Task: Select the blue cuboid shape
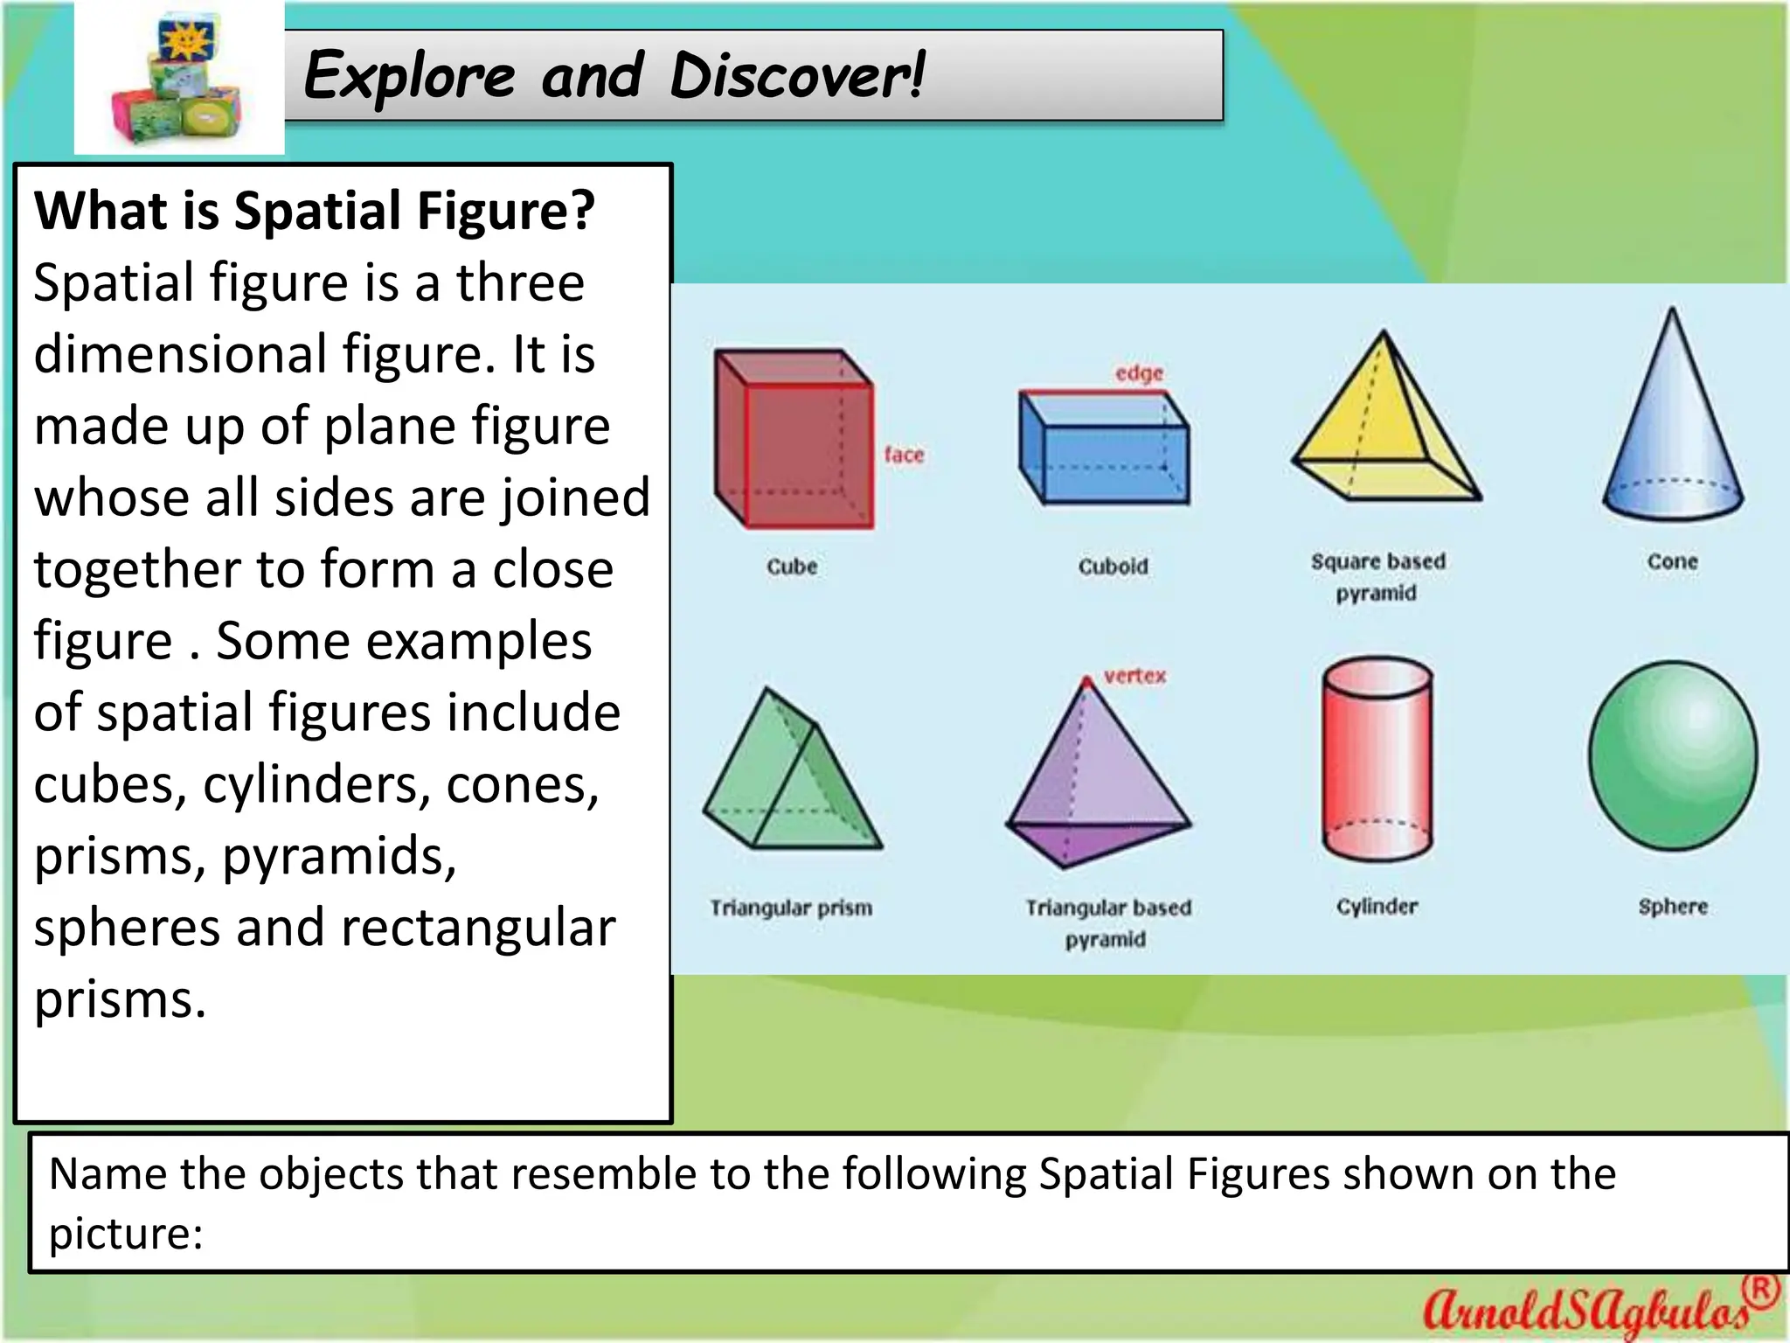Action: (x=1104, y=447)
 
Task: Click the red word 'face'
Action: (x=904, y=455)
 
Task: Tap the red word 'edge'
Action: (x=1139, y=373)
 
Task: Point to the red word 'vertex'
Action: (x=1134, y=676)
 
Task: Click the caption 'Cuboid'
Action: (x=1113, y=567)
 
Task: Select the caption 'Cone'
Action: (x=1672, y=561)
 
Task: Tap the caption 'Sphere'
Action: (x=1672, y=907)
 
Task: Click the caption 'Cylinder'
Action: (x=1377, y=907)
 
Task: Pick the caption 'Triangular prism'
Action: (x=791, y=908)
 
